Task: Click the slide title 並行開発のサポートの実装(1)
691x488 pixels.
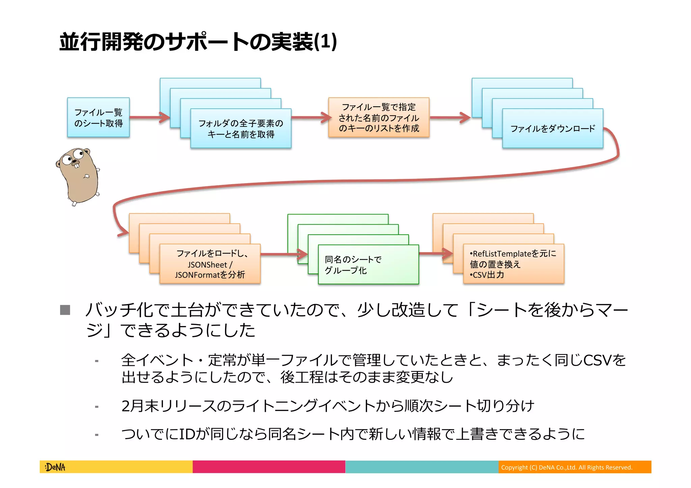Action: (x=198, y=42)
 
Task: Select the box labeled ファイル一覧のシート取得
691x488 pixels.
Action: (x=98, y=117)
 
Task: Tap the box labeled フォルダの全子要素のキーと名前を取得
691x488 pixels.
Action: (x=241, y=128)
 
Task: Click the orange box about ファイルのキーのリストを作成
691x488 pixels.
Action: (x=379, y=117)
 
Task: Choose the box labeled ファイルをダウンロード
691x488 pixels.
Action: (x=552, y=128)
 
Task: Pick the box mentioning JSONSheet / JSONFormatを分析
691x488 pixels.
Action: (x=210, y=264)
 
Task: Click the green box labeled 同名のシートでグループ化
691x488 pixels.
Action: (x=368, y=264)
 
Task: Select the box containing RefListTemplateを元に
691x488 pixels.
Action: (x=513, y=254)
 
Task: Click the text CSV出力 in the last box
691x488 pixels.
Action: (x=488, y=275)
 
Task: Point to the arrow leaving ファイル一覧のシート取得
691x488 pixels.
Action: (x=148, y=117)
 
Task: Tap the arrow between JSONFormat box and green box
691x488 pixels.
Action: (x=283, y=254)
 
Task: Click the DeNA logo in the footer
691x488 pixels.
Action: (x=55, y=467)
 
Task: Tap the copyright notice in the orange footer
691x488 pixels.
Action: (x=566, y=467)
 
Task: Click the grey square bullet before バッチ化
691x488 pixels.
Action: (x=65, y=310)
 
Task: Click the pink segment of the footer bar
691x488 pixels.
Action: (x=269, y=467)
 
